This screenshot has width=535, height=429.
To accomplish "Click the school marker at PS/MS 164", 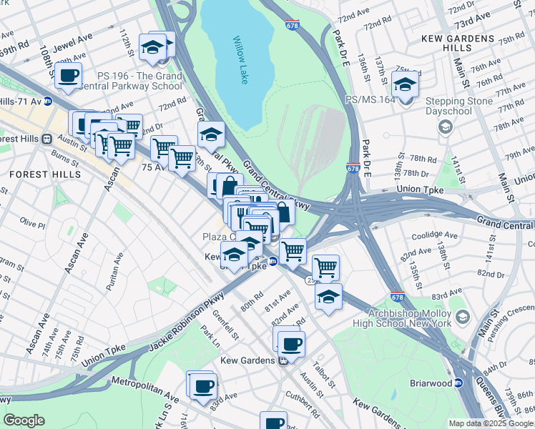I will tap(406, 86).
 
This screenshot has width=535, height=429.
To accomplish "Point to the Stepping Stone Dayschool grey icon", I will tap(446, 127).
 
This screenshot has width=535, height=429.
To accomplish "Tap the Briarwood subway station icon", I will tap(460, 383).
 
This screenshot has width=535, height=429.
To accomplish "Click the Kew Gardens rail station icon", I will tap(284, 360).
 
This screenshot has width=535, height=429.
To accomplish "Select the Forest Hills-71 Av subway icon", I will tap(47, 102).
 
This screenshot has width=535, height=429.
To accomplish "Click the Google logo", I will tap(24, 420).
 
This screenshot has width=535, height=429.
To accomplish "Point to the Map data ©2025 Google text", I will tap(491, 423).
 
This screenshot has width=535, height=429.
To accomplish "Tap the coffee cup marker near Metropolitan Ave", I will tap(204, 385).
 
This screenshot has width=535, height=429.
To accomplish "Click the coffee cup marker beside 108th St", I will tap(69, 75).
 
